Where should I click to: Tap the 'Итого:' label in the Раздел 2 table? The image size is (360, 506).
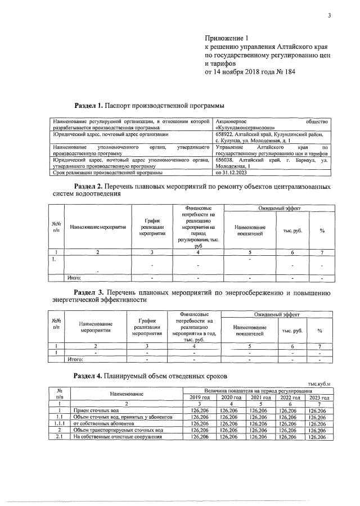click(74, 277)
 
